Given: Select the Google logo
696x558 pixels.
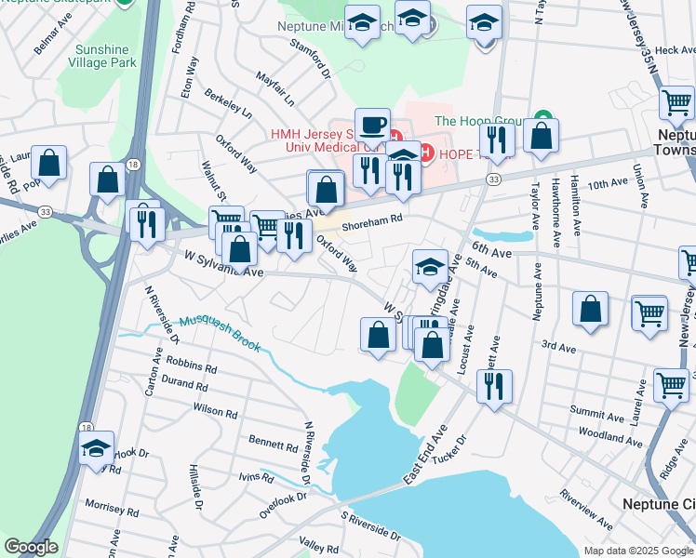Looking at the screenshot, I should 31,547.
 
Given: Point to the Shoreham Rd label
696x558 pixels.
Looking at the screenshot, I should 370,221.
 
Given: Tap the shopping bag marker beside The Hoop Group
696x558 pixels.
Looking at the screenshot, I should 541,136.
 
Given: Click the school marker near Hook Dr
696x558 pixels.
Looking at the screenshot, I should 97,448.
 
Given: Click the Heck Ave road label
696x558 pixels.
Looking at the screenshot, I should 675,50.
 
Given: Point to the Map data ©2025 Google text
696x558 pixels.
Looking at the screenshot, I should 637,551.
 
